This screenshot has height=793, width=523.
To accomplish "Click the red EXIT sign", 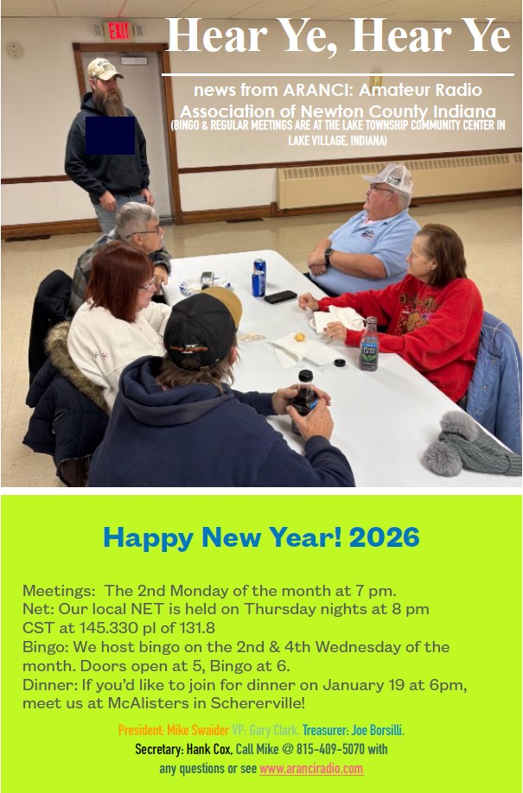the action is pos(118,31).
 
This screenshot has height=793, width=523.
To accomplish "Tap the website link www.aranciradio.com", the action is pos(311,769).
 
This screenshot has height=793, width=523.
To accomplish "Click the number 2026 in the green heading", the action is pos(385,537).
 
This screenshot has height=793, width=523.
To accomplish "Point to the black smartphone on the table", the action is pos(280,296).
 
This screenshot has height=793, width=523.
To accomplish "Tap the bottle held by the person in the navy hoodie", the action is pos(303,400).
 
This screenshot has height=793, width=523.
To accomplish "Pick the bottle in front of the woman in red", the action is pos(370,344).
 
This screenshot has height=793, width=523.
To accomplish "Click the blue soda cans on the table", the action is pos(258,277).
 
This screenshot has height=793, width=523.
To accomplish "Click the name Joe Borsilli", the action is pos(378,730).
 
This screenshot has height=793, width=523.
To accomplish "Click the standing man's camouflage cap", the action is pos(105,69).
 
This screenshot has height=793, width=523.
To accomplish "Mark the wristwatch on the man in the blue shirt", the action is pos(328,257).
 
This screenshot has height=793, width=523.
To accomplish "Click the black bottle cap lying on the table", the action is pos(340,362).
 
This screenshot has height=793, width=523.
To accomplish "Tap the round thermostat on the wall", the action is pos(14,50).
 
